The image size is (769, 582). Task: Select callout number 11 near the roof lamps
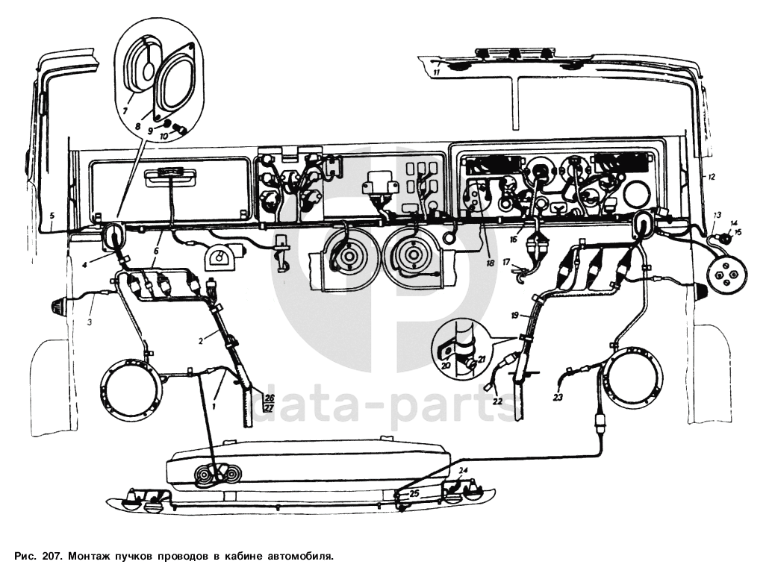tap(435, 72)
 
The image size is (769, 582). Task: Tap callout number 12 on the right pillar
tap(712, 177)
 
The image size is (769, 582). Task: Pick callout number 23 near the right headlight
tap(558, 398)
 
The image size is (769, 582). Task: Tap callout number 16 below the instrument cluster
tap(514, 240)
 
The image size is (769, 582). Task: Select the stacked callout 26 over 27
tap(269, 402)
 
